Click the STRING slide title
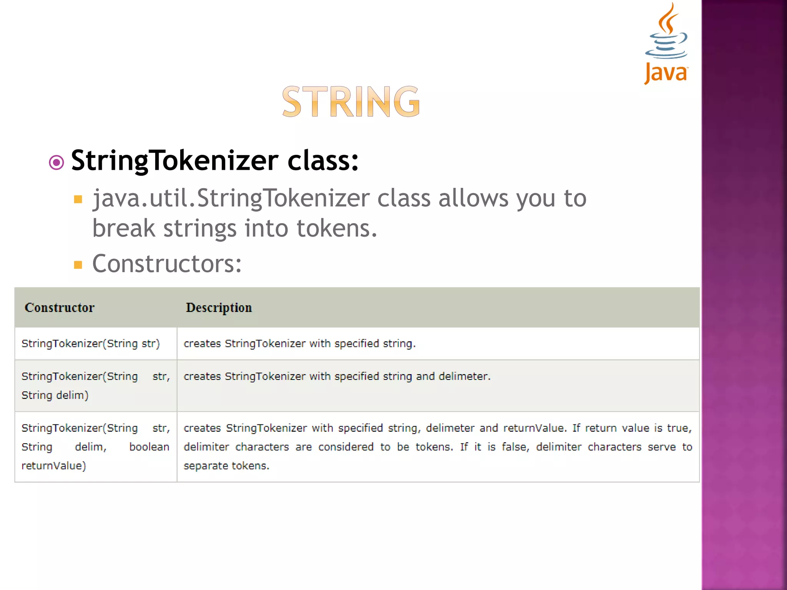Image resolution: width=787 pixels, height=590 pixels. pos(351,101)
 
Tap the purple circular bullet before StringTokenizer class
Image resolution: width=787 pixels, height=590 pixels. pos(56,162)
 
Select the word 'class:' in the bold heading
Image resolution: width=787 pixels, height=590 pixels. pos(323,161)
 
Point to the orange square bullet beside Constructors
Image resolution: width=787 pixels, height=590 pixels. pos(78,265)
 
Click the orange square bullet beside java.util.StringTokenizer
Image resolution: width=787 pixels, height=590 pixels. pos(78,199)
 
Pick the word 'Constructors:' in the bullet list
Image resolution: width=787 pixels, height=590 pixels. pos(167,264)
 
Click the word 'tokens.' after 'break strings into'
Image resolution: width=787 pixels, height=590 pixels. pos(337,228)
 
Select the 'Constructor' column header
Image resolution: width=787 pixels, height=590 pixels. pos(60,307)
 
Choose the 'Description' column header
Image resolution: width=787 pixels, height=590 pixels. pos(219,307)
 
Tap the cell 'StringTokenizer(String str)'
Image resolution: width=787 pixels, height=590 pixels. pos(91,343)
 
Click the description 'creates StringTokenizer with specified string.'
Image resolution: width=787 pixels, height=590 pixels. pos(300,343)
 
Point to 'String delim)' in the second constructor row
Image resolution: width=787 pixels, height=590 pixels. pos(55,395)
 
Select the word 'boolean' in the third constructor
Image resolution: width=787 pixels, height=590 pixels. pos(149,447)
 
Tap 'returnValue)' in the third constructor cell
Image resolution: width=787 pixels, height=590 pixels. pos(54,466)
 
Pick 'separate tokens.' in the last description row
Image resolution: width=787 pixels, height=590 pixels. pos(226,466)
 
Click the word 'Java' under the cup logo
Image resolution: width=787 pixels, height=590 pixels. pos(666,73)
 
